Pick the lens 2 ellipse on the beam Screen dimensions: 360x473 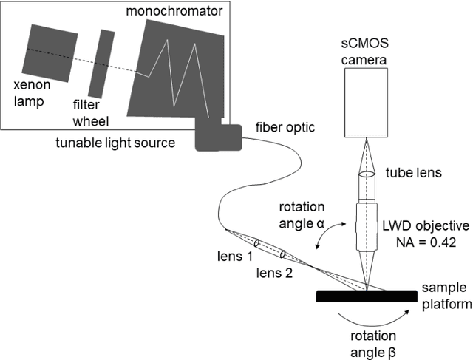click(282, 254)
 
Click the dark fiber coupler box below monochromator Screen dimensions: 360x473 click(218, 137)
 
